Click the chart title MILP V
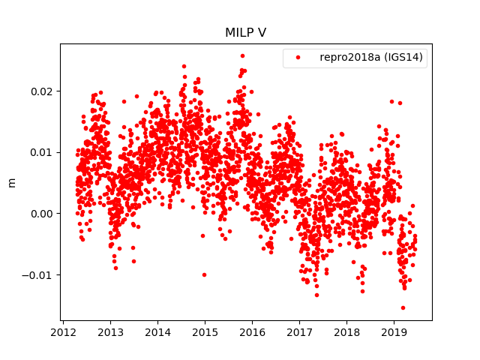245,33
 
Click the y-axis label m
11,182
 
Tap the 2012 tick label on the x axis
63,332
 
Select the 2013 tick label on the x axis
110,332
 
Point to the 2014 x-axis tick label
157,332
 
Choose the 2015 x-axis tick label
205,332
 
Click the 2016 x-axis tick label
252,332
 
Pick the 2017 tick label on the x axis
299,332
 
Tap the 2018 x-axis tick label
346,332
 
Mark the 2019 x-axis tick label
394,332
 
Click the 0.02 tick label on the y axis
42,91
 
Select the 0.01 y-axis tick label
42,152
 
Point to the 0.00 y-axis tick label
42,214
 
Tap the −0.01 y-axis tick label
39,274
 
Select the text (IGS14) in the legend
405,58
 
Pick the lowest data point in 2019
403,307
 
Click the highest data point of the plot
242,55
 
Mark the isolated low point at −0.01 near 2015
204,274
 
